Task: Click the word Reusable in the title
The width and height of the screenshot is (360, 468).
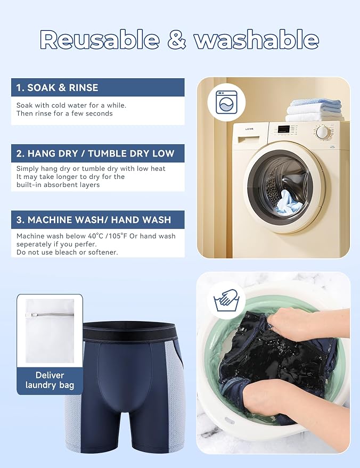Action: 100,40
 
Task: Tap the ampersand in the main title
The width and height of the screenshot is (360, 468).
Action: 177,40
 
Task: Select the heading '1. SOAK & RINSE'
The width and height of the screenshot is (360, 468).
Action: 57,87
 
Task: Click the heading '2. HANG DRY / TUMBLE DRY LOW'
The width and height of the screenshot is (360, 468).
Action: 95,153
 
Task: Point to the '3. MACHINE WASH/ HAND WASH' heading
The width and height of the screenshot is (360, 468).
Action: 93,220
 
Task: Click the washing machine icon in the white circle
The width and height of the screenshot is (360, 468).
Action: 226,102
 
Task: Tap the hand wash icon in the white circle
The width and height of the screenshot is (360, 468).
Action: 226,300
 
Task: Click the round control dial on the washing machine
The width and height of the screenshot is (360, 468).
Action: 323,132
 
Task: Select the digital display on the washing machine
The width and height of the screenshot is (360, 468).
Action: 284,129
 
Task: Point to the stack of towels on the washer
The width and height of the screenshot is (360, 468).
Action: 315,110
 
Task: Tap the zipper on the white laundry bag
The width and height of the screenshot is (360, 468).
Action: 50,315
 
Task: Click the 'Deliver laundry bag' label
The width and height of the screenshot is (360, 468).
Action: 50,380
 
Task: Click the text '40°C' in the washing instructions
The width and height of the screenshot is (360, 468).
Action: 95,236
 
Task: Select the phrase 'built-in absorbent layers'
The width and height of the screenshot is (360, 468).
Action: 58,185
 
